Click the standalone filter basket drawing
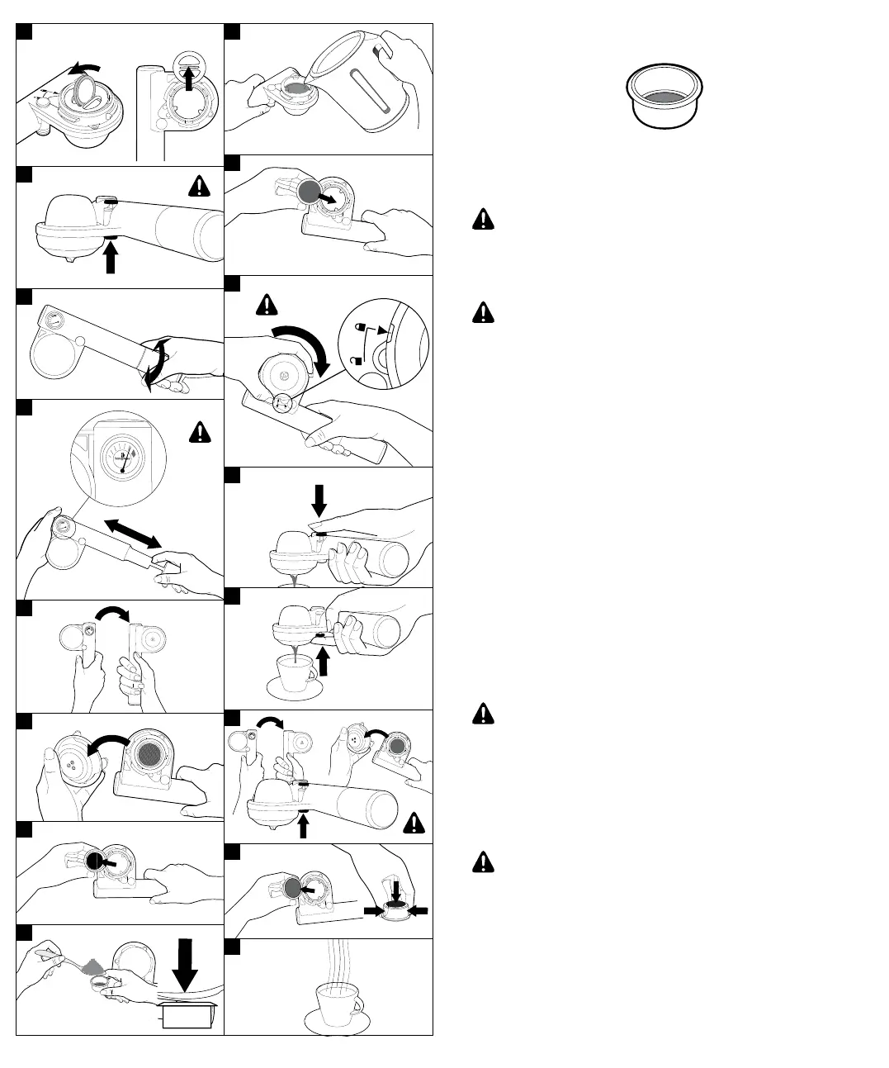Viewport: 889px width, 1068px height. click(665, 97)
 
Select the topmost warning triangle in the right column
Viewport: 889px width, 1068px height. click(483, 219)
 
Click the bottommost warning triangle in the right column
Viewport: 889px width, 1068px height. click(483, 862)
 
